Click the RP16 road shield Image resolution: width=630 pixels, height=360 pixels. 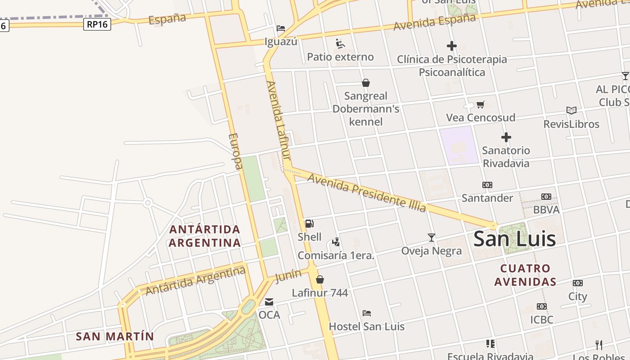coord(97,24)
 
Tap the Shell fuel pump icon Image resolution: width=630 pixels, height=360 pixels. coord(310,224)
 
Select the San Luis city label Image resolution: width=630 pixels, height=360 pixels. coord(514,239)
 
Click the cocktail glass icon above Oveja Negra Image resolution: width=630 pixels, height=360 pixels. coord(432,237)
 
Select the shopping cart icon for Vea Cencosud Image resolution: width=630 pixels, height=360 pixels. coord(481,105)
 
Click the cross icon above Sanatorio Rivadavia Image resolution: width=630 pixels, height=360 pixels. coord(506,137)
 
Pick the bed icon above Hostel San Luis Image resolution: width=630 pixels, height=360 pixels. coord(367,313)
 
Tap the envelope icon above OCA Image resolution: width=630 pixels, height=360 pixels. coord(269,302)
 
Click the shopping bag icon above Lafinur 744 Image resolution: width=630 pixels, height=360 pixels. coord(319,279)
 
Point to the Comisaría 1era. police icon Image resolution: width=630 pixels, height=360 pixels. coord(336,242)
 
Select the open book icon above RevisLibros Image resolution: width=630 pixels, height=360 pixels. coord(571,111)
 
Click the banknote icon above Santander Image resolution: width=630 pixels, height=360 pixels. coord(487,185)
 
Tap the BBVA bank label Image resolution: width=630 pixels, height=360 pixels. coord(546,210)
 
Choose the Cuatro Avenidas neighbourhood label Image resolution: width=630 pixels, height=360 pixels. coord(525,275)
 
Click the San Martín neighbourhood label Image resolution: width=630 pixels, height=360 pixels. coord(115,336)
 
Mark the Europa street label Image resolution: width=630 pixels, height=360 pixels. coord(235,151)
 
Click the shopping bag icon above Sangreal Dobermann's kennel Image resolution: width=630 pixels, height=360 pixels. coord(366,83)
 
